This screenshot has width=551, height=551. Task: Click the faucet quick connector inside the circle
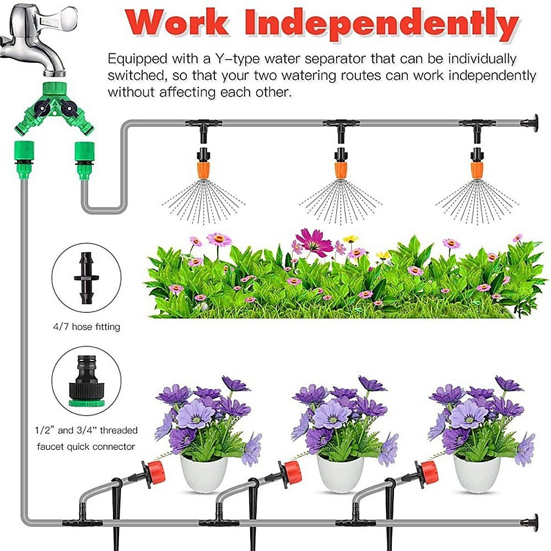(85, 380)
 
